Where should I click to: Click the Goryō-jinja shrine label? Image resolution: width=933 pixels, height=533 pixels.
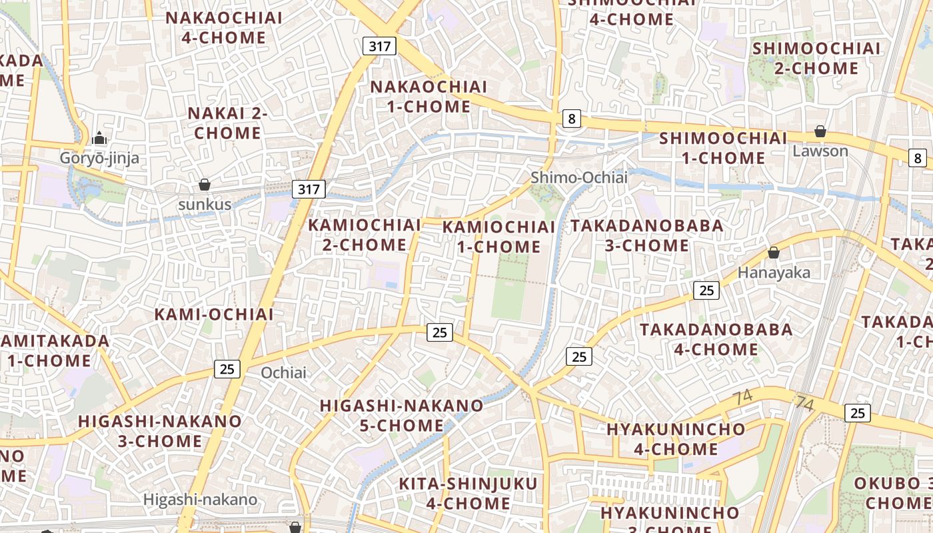[99, 158]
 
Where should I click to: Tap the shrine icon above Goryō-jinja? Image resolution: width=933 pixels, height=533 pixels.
[99, 138]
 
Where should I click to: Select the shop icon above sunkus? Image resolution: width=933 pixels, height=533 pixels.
[205, 185]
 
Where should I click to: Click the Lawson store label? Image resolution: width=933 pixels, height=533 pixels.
[820, 151]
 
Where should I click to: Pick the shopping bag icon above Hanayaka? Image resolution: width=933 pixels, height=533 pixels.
[774, 253]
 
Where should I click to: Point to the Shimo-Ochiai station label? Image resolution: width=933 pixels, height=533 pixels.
[579, 177]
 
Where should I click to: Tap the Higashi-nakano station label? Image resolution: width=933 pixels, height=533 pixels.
[201, 499]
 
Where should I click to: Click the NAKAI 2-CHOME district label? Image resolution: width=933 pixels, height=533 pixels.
[227, 123]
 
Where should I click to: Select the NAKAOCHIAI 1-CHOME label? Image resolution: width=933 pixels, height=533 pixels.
[429, 97]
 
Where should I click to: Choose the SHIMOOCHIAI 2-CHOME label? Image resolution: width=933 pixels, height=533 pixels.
[816, 58]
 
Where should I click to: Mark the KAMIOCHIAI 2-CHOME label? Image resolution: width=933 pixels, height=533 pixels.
[365, 235]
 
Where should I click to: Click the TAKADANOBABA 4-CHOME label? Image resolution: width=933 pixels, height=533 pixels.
[716, 339]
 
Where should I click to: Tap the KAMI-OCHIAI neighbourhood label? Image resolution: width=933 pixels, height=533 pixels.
[214, 314]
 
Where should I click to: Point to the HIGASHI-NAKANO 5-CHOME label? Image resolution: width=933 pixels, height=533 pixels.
[401, 415]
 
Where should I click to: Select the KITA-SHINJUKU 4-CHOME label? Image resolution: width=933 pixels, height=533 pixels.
[468, 493]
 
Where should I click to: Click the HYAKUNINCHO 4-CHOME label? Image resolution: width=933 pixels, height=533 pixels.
[676, 438]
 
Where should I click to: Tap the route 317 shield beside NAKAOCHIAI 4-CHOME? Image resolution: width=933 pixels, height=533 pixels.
[380, 46]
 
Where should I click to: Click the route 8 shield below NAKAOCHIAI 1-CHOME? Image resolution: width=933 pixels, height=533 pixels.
[571, 119]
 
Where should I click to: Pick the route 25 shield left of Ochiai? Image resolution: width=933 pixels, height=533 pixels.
[227, 368]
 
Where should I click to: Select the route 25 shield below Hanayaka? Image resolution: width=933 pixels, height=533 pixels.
[706, 290]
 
